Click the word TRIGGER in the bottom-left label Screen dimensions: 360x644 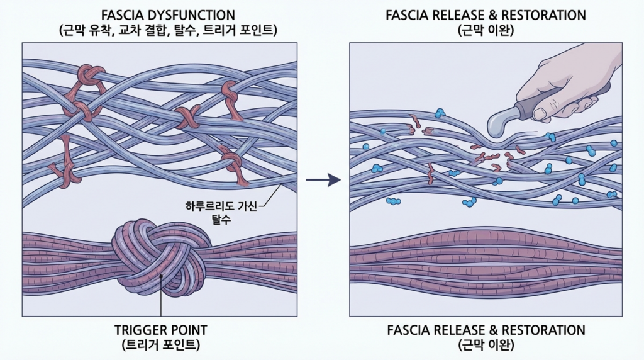point(138,330)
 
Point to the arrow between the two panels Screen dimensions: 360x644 point(323,181)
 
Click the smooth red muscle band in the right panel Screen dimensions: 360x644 point(486,258)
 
